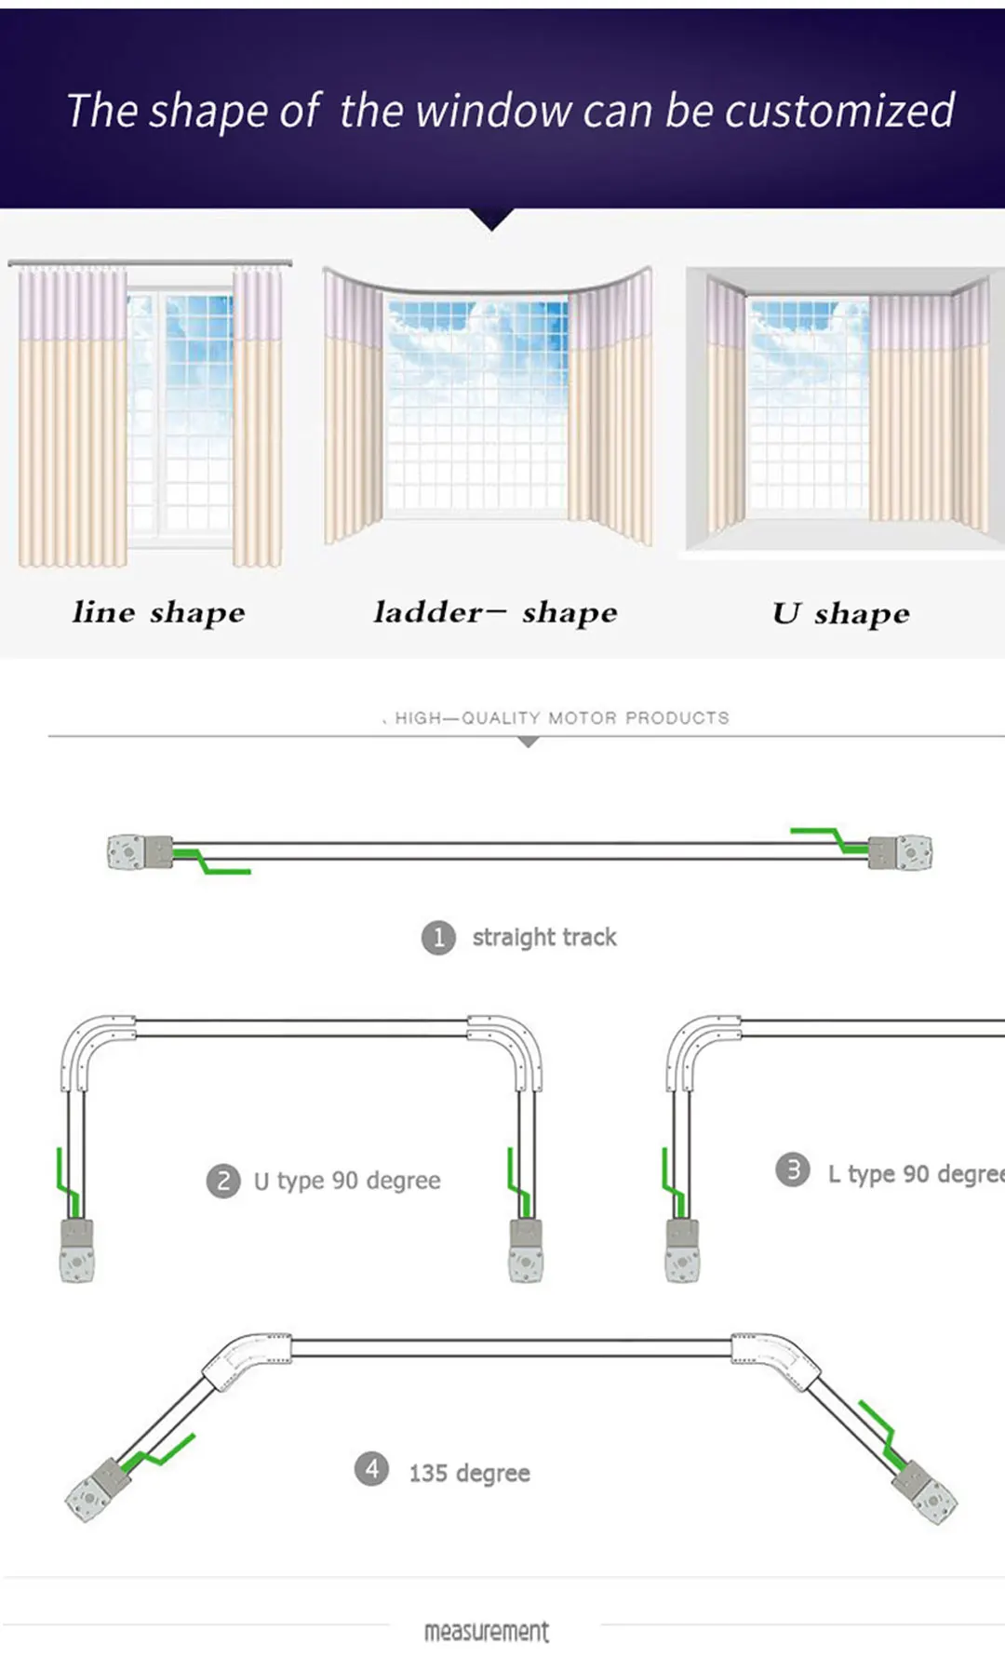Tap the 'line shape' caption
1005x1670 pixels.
[x=159, y=612]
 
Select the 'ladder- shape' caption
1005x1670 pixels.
[x=495, y=612]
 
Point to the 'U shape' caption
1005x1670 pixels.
[x=841, y=613]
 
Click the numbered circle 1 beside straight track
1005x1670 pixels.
[x=438, y=937]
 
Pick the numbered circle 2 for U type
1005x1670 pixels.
[x=223, y=1181]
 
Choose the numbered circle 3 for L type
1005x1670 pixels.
[x=793, y=1169]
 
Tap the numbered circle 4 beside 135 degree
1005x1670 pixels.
[x=371, y=1469]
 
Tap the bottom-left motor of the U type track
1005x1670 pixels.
[x=77, y=1251]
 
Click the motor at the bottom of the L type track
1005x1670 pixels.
[x=683, y=1251]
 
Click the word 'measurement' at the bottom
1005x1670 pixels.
[x=487, y=1631]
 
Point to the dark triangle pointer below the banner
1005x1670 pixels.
[x=492, y=220]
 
